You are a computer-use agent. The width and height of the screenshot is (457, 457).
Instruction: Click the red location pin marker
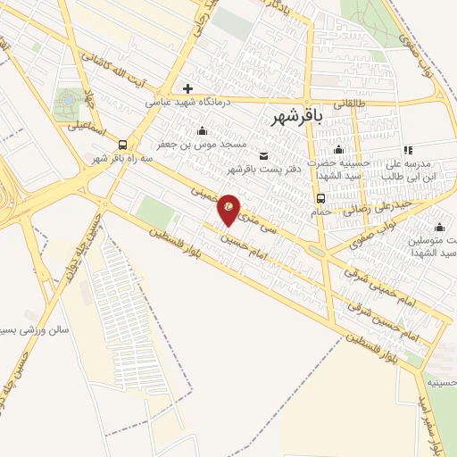(229, 208)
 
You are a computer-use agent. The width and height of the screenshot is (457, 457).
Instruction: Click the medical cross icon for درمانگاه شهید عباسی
(187, 88)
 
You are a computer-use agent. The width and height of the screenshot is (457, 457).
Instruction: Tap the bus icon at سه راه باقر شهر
(122, 145)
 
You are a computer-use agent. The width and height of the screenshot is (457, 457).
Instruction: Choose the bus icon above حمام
(320, 198)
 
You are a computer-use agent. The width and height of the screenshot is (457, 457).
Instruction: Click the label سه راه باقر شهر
(124, 158)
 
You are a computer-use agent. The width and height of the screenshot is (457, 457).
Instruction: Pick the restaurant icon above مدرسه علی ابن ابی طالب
(407, 150)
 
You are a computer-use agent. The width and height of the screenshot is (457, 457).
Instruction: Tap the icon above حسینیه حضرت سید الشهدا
(339, 150)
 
